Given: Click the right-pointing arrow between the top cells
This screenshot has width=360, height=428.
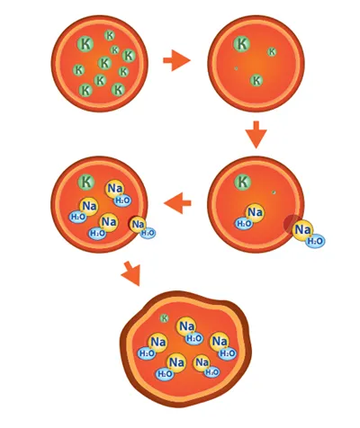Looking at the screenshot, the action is point(176,60).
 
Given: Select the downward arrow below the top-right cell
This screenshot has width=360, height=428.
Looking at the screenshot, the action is point(256,134).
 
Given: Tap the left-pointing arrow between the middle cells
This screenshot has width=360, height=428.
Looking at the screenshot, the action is point(177,203).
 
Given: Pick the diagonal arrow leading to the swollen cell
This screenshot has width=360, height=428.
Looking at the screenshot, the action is point(131,273).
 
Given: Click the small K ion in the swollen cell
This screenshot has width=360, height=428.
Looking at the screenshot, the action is point(165,318).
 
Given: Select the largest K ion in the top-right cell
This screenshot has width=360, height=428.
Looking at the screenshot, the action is point(242,44).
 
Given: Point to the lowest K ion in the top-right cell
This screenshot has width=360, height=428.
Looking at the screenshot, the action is point(256,80).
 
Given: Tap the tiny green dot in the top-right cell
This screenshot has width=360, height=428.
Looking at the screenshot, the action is point(236,68).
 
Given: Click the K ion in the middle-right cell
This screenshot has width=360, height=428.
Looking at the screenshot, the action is point(243,182).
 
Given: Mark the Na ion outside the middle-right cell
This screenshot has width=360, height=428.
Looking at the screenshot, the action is point(302,230).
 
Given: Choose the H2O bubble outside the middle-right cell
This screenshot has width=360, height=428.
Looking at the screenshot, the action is point(315,241).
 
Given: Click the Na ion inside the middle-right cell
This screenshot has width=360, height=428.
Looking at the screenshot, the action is point(256,212).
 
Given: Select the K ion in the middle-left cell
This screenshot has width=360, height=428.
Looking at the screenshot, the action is point(86,182).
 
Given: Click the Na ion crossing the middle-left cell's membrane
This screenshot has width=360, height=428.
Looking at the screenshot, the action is point(138,225).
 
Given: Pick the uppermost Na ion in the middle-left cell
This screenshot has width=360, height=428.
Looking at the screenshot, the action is point(115,189).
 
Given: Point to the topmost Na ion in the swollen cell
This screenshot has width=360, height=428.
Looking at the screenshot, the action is point(186,326).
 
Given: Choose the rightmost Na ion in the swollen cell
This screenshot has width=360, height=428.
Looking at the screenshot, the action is point(220,342).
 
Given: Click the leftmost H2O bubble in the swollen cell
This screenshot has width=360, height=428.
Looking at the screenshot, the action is point(147,353).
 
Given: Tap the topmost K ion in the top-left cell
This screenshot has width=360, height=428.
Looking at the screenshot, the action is point(110,35).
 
